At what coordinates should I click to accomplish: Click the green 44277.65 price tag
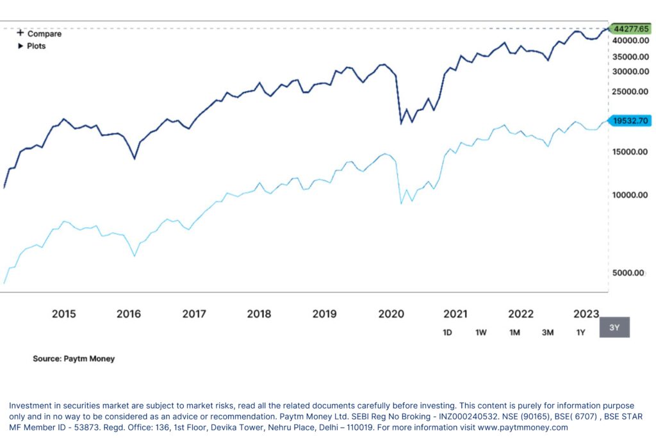pos(630,29)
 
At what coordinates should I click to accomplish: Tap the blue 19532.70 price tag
pos(630,121)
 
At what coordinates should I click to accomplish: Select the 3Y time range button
pos(614,327)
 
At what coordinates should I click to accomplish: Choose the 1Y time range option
pos(580,332)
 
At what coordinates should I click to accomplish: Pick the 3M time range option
pos(548,332)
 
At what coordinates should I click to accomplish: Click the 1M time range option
pos(514,332)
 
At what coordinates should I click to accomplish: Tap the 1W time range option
pos(481,332)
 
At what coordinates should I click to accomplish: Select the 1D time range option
pos(448,332)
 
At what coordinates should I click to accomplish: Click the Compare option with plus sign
pos(39,33)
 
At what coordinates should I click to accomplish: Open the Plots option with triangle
pos(31,46)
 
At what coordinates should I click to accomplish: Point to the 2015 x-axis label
pos(63,314)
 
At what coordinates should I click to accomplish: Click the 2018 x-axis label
pos(259,314)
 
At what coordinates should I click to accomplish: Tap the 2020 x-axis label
pos(391,314)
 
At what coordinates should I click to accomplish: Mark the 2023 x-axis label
pos(586,314)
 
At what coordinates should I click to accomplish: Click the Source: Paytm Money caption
pos(74,358)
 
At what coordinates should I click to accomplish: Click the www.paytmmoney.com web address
pos(522,427)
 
